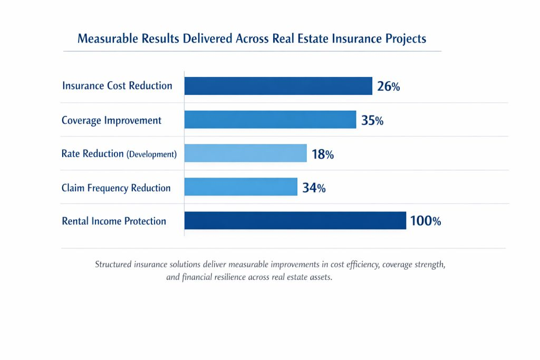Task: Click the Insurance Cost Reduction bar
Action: click(x=278, y=86)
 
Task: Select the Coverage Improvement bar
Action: click(x=270, y=120)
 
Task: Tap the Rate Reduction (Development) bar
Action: click(x=245, y=153)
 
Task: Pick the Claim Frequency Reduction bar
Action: click(x=240, y=187)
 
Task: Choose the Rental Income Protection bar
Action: click(x=295, y=221)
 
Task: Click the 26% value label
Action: click(x=389, y=86)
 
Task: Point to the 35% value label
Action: click(x=372, y=120)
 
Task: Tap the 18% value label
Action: click(x=323, y=154)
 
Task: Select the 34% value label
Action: click(x=314, y=188)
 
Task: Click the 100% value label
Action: click(x=425, y=221)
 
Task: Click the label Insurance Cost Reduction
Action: click(x=117, y=86)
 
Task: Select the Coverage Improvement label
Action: click(x=111, y=120)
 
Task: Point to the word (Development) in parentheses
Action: click(x=151, y=154)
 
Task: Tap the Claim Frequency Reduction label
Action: click(x=116, y=188)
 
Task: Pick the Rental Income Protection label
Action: click(x=114, y=221)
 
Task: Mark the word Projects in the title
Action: click(x=406, y=40)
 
